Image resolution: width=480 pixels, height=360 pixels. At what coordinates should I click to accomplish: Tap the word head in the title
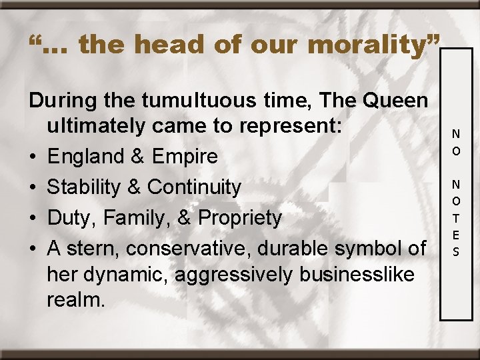coord(167,45)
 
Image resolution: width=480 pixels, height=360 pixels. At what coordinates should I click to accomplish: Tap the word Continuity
coord(194,187)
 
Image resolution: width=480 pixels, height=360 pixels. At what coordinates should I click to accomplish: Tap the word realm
coord(76,299)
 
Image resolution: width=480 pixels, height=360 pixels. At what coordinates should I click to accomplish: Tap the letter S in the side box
coord(456,252)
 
